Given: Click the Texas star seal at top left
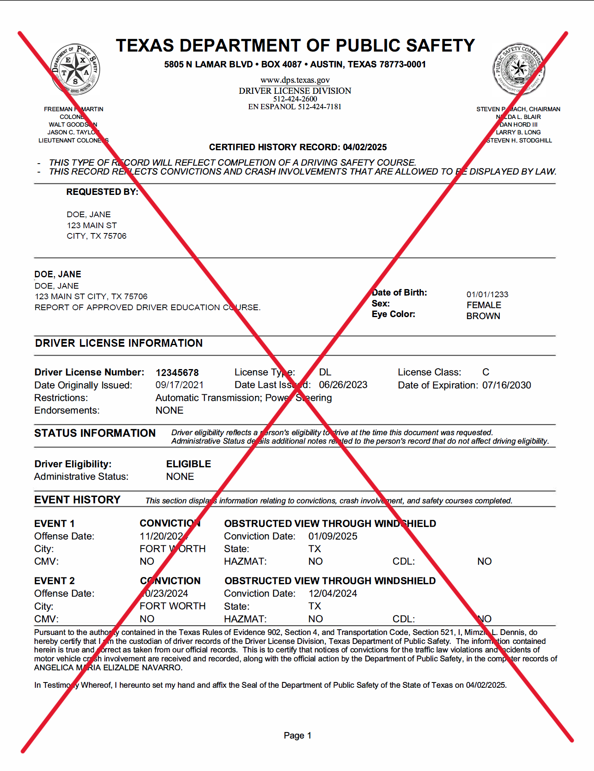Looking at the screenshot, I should (x=75, y=69).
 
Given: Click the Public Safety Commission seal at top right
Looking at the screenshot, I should (x=518, y=69).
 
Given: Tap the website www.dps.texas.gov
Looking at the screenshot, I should (x=295, y=80).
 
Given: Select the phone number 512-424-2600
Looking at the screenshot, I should (x=295, y=99).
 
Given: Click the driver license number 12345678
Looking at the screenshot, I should (x=177, y=373).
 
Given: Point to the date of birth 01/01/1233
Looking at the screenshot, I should (x=487, y=294).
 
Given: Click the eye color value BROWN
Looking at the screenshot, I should (x=483, y=316).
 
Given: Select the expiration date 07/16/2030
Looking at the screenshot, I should (x=506, y=385).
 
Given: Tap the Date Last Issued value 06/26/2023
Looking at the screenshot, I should (x=343, y=385).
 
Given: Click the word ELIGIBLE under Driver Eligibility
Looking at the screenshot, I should (x=189, y=464).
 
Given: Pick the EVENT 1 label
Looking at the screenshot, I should (x=54, y=524).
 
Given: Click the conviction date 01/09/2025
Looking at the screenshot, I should (x=333, y=536).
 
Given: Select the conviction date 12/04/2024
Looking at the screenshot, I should (x=333, y=594).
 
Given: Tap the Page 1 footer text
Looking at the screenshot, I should (x=297, y=736).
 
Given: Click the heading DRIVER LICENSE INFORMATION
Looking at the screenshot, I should (x=119, y=343).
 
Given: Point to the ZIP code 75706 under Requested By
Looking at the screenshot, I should (x=115, y=236).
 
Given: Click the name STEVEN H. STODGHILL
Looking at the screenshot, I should (x=519, y=140).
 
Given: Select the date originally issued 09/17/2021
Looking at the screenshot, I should (x=179, y=385).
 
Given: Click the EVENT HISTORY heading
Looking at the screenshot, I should (x=77, y=500).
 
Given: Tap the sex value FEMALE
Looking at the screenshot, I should (x=483, y=305).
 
